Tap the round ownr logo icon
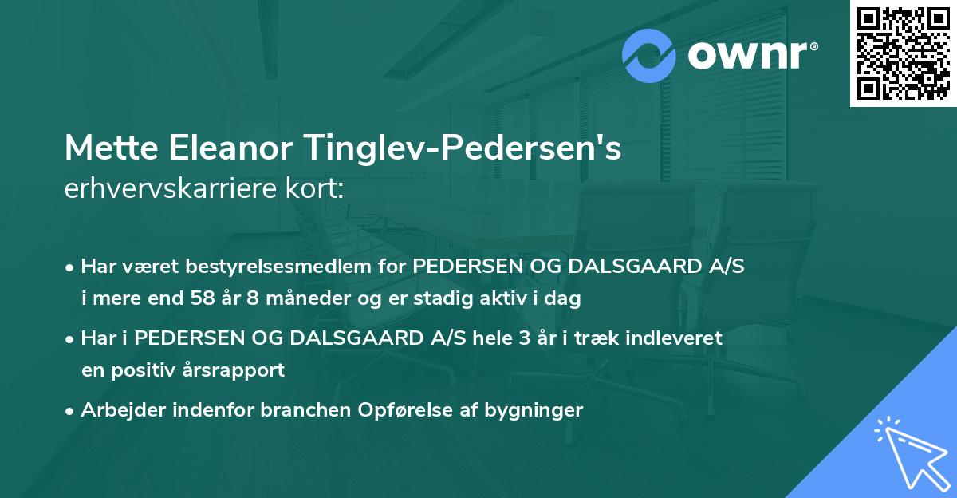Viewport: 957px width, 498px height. [x=649, y=57]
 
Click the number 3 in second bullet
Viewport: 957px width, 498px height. [x=523, y=338]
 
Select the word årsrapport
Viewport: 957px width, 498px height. [x=238, y=370]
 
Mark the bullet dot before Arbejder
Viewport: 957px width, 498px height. [x=71, y=410]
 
